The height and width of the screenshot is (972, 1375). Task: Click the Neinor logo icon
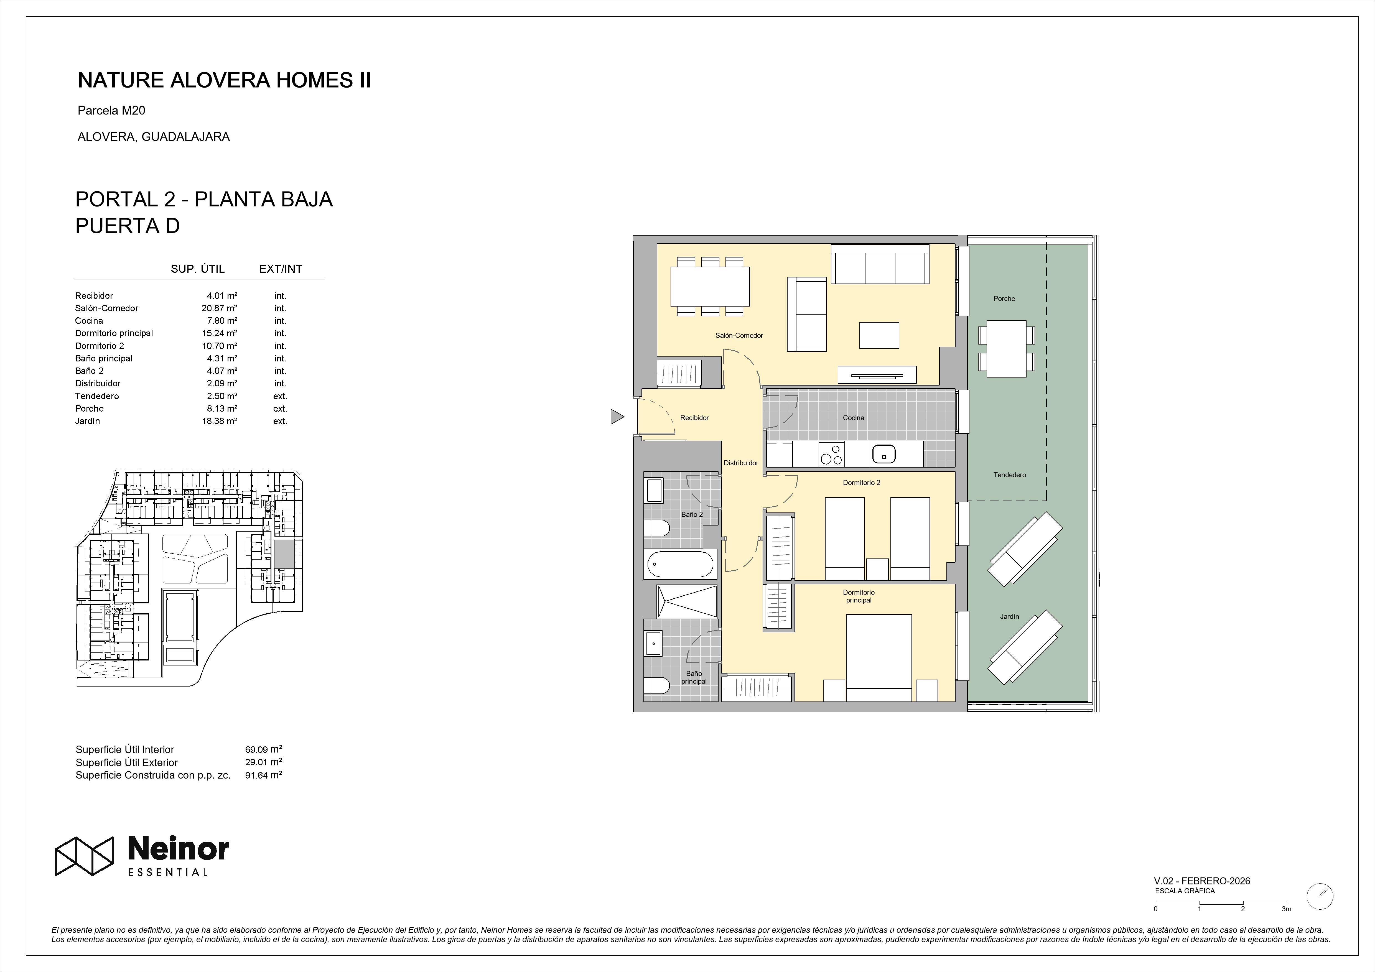(x=84, y=856)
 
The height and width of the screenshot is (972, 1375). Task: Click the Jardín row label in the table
(x=87, y=421)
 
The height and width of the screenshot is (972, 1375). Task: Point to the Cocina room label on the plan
(x=853, y=417)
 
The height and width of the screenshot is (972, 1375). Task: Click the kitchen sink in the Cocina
(x=883, y=455)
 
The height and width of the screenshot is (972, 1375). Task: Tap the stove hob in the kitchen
(x=831, y=455)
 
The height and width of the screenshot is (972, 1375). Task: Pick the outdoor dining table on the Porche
(x=1006, y=349)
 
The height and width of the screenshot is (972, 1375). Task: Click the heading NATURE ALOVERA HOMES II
(x=225, y=80)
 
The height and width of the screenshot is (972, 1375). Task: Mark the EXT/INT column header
(x=280, y=269)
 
